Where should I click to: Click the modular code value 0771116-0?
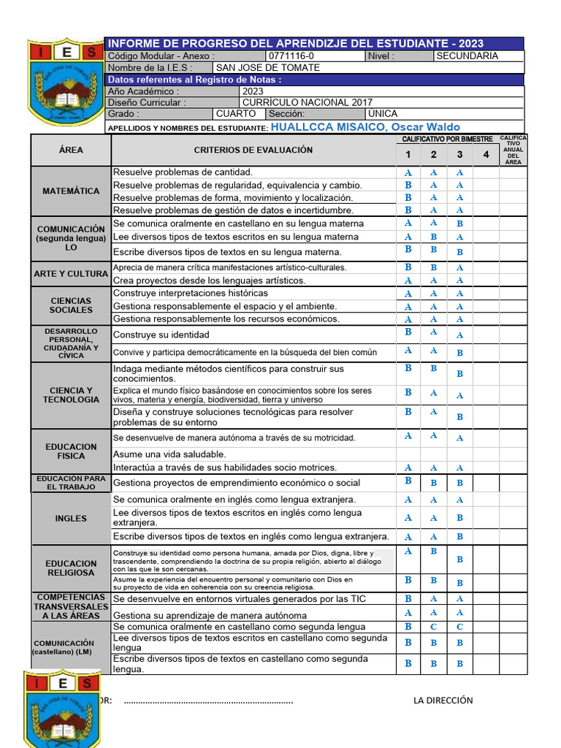pos(291,56)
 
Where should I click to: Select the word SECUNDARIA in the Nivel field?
pos(467,56)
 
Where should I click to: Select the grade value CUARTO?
pos(236,115)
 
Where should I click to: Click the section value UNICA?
pos(383,115)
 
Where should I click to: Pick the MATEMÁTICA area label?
pos(71,191)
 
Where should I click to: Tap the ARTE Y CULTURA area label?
pos(71,274)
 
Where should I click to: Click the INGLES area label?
pos(71,519)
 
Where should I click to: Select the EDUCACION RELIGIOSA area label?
pos(71,568)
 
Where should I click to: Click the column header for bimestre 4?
pos(486,154)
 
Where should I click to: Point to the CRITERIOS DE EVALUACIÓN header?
pos(253,150)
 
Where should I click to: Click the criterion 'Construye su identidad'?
pos(161,335)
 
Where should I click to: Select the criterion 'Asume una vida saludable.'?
pos(169,454)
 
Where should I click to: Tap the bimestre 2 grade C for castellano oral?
pos(434,627)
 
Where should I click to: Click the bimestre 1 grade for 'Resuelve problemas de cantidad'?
pos(408,173)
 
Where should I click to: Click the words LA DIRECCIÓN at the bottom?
pos(443,701)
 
